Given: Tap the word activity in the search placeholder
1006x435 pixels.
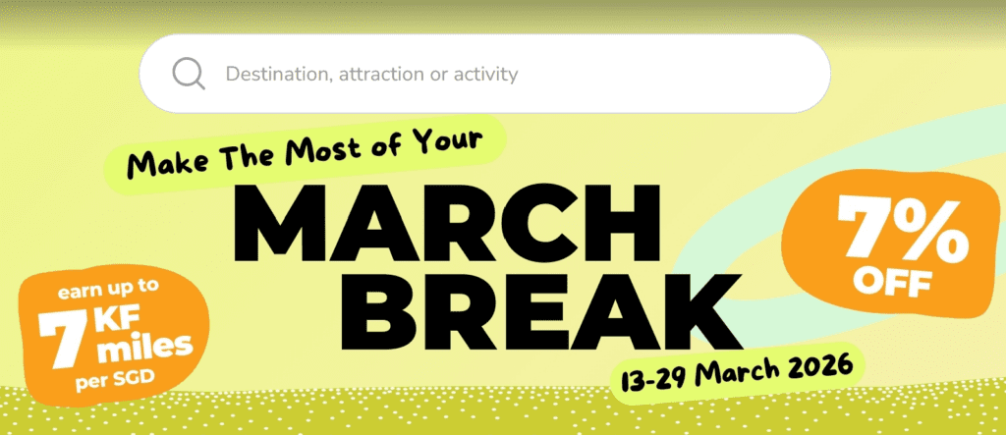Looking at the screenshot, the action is [485, 74].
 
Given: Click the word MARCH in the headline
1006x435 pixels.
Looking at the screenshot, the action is [447, 225].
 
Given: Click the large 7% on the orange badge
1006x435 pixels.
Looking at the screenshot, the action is [902, 230].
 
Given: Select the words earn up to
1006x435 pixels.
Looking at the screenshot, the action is [108, 291].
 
